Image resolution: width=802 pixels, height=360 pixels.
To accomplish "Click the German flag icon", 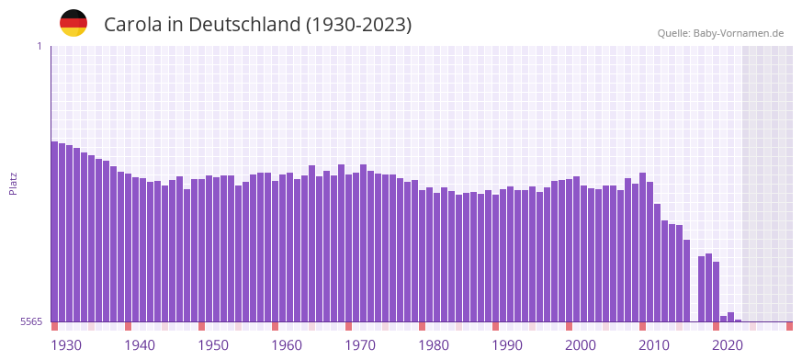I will pyautogui.click(x=73, y=23).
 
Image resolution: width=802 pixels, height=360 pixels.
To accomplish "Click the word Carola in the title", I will pyautogui.click(x=132, y=25).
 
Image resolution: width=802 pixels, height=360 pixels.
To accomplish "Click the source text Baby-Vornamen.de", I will pyautogui.click(x=739, y=34).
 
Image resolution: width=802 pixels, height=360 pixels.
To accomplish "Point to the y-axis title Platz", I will pyautogui.click(x=13, y=183).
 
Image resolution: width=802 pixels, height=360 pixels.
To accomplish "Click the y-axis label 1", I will pyautogui.click(x=40, y=46).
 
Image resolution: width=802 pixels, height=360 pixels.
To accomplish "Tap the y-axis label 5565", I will pyautogui.click(x=31, y=321).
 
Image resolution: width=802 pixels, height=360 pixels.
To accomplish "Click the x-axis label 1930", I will pyautogui.click(x=66, y=345).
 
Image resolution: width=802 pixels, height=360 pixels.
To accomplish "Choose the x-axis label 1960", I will pyautogui.click(x=287, y=345).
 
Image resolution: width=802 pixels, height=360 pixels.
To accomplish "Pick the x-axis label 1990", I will pyautogui.click(x=507, y=345).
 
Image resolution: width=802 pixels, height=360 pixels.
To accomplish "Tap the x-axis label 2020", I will pyautogui.click(x=728, y=345).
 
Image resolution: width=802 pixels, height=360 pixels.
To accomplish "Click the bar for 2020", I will pyautogui.click(x=724, y=319).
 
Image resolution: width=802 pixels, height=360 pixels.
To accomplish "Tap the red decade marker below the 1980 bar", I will pyautogui.click(x=423, y=326).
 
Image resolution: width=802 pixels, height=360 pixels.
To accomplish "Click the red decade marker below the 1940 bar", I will pyautogui.click(x=129, y=326).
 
